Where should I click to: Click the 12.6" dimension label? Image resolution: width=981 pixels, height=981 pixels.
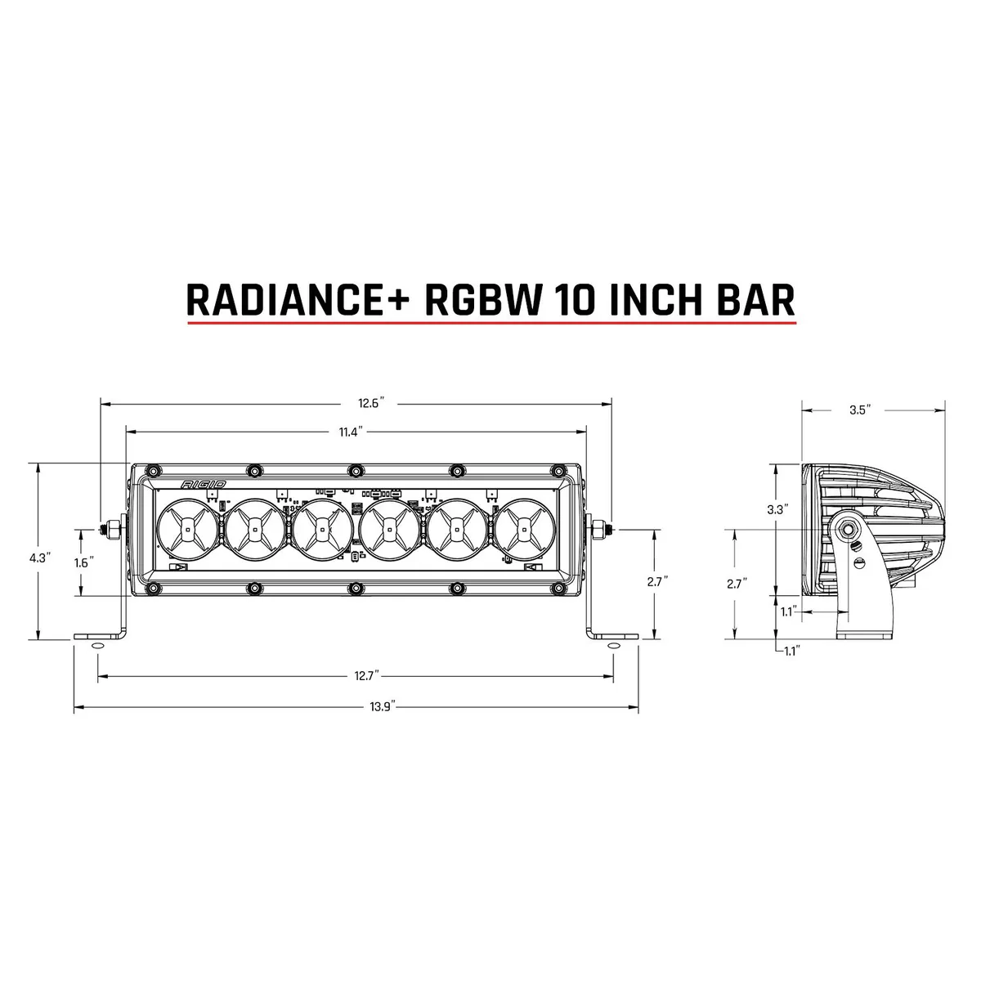click(370, 403)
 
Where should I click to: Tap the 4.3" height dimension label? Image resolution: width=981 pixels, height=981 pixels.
click(39, 558)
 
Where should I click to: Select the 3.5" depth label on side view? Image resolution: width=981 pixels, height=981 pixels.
click(860, 410)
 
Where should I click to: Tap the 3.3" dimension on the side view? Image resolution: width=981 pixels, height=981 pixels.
click(777, 509)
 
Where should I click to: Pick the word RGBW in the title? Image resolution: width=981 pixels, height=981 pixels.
click(484, 299)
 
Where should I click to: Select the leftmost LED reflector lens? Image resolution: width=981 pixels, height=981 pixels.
click(187, 530)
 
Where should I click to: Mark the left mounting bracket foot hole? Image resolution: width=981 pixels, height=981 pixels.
click(97, 646)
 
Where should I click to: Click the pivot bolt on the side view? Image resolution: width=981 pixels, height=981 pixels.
click(851, 530)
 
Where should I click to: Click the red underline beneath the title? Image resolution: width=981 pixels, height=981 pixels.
click(491, 324)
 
